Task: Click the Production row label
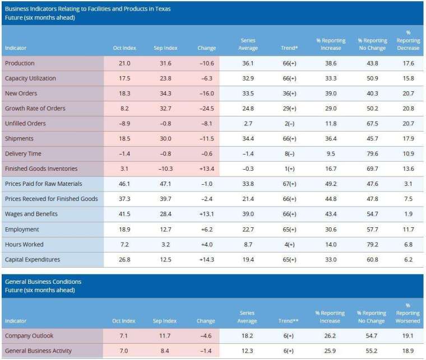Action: pos(20,63)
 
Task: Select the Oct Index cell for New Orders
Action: pos(124,93)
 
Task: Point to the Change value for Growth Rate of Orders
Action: pos(207,109)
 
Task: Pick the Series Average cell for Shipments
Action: pos(247,139)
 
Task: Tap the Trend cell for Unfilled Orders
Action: pos(289,124)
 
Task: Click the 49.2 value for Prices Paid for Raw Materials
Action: pos(331,184)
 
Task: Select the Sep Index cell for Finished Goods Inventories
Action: pos(165,169)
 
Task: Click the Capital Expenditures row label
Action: pos(33,260)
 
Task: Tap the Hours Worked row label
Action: pos(24,245)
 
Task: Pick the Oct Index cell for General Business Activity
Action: pos(124,351)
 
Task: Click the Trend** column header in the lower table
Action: pos(289,321)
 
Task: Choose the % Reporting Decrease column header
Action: pos(408,40)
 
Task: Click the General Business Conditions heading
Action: pos(43,282)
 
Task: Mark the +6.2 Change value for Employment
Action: pos(207,230)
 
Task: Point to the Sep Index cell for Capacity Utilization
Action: pos(165,78)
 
